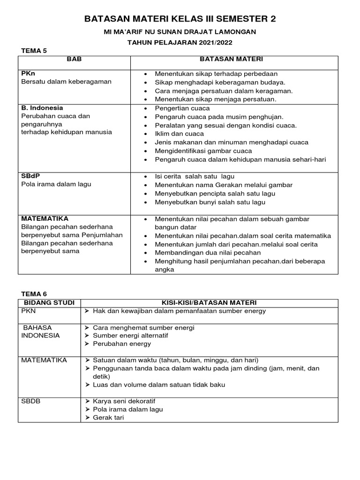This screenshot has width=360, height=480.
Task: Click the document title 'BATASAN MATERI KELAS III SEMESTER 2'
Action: (180, 19)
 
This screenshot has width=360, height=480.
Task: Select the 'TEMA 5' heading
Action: (35, 51)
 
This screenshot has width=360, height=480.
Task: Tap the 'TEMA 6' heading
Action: (35, 293)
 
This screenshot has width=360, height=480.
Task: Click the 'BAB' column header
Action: (74, 60)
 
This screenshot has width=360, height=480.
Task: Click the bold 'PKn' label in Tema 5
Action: (29, 74)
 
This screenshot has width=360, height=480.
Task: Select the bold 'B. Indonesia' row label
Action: (42, 107)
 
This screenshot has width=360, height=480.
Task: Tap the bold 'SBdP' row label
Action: (30, 176)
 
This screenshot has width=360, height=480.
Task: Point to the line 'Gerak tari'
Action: (108, 418)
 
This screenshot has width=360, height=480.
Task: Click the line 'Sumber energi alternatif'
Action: (130, 336)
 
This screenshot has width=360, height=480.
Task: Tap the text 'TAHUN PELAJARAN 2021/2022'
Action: (180, 42)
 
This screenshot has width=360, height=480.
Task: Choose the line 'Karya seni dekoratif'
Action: (124, 401)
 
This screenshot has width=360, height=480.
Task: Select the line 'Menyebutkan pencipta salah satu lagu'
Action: (215, 194)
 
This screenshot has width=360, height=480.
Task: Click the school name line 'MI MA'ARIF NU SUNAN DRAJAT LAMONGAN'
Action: (180, 31)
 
